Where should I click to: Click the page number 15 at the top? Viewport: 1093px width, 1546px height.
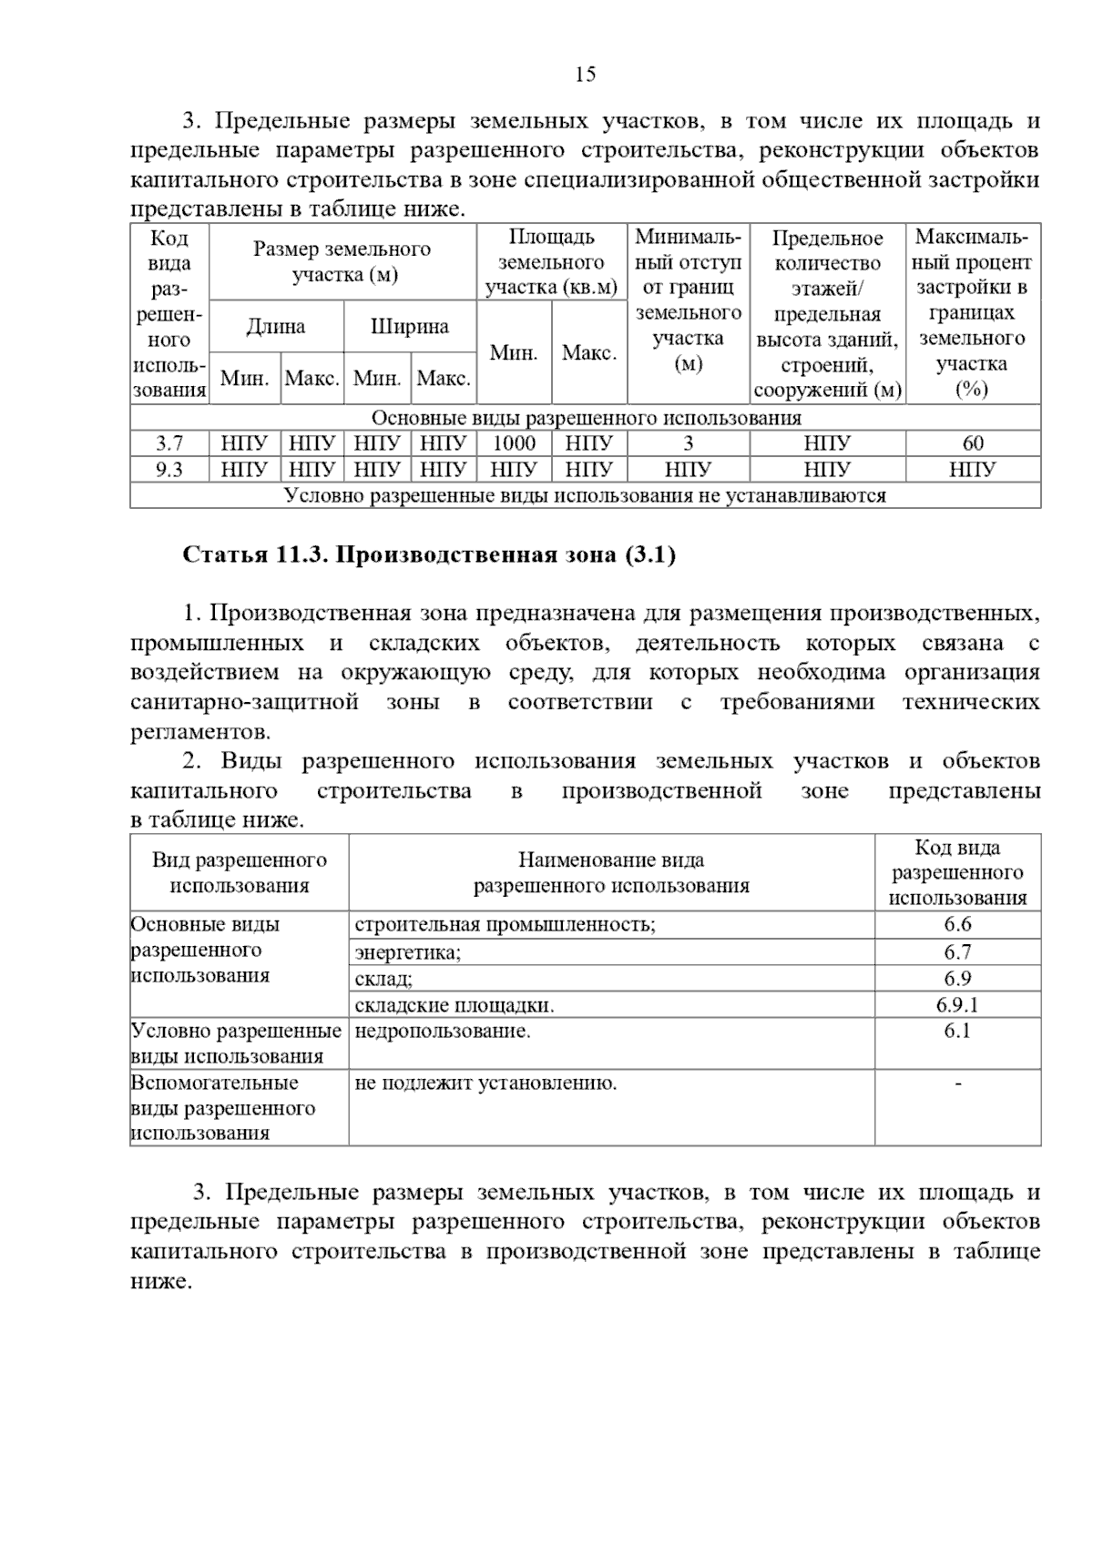[x=586, y=75]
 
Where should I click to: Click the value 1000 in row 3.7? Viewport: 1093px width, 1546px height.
[x=514, y=443]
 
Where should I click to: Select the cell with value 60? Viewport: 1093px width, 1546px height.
[x=973, y=443]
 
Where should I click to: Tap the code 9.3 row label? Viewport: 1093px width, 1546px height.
[x=169, y=469]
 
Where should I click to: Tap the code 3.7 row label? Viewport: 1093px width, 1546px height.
[x=169, y=443]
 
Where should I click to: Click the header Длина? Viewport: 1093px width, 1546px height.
[x=276, y=327]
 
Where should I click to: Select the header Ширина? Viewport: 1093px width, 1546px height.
[x=410, y=327]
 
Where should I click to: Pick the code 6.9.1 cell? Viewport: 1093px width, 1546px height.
[x=957, y=1005]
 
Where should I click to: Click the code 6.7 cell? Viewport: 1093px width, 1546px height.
[x=957, y=952]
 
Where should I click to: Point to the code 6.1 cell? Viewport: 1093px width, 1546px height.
[x=957, y=1031]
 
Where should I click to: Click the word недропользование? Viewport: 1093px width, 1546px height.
[x=442, y=1031]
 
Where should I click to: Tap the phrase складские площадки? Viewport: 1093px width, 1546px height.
[x=454, y=1005]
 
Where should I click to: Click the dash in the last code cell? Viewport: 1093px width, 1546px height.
[x=957, y=1083]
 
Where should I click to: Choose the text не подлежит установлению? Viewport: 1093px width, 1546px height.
[x=485, y=1083]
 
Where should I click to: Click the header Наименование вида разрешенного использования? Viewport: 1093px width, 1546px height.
[x=611, y=872]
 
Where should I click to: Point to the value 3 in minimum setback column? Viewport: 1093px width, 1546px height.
[x=689, y=443]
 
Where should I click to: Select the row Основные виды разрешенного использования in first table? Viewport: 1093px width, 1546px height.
[x=586, y=418]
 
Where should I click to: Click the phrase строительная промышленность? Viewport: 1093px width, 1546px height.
[x=505, y=925]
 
